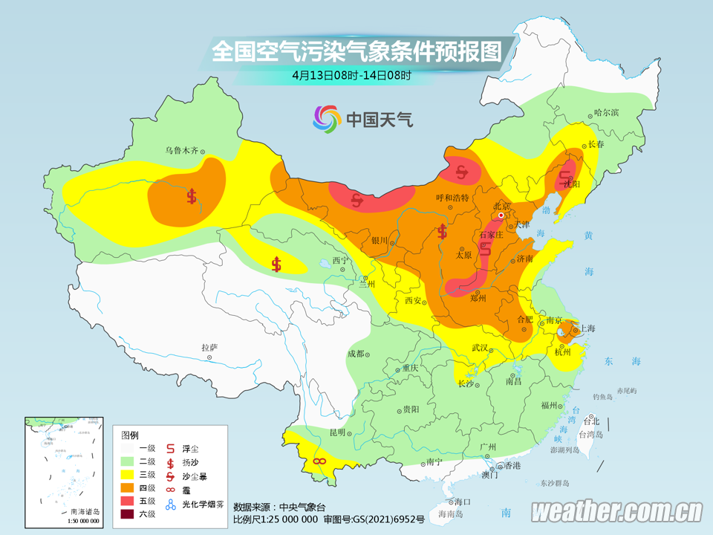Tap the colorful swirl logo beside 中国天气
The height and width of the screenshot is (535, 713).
326,117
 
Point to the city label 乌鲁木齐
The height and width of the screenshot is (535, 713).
182,150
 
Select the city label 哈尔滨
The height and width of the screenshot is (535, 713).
606,113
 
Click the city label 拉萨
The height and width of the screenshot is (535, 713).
209,348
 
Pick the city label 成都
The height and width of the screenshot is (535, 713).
357,354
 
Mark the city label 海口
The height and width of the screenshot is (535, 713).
463,502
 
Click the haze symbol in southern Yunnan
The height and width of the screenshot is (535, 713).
319,461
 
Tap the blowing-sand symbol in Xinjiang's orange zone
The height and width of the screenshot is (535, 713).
192,197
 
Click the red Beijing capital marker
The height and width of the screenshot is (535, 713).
502,215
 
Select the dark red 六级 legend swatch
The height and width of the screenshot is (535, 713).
128,513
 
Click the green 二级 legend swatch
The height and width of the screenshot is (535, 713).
128,461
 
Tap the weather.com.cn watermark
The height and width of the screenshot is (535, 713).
616,511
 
